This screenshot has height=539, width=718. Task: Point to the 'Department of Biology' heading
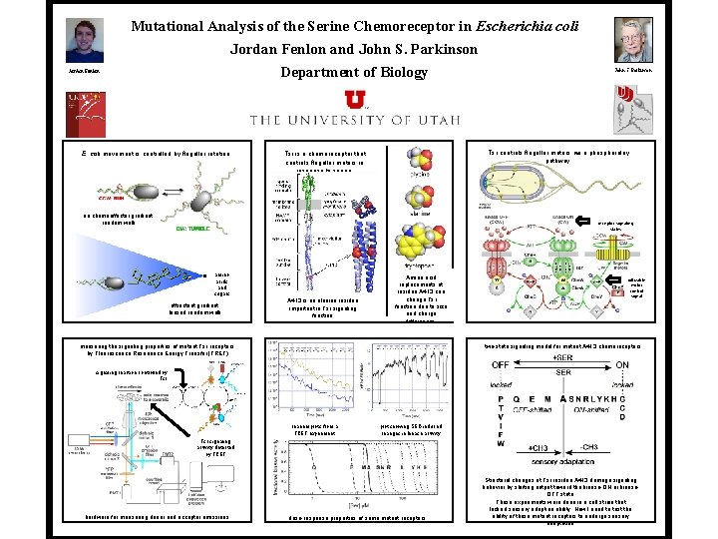[x=353, y=72]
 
